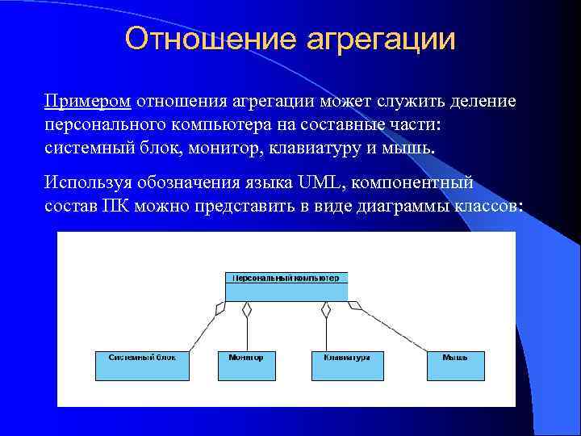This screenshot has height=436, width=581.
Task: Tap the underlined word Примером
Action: (88, 103)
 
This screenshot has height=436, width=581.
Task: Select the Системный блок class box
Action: (141, 365)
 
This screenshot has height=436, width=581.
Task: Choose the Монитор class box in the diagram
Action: (246, 365)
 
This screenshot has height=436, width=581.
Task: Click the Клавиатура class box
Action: (346, 365)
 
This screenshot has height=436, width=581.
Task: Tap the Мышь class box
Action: (456, 365)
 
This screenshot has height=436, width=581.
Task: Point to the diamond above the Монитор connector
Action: (248, 308)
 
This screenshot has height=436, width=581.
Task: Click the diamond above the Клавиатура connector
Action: (326, 308)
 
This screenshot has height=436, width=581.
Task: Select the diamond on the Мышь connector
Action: (355, 305)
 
